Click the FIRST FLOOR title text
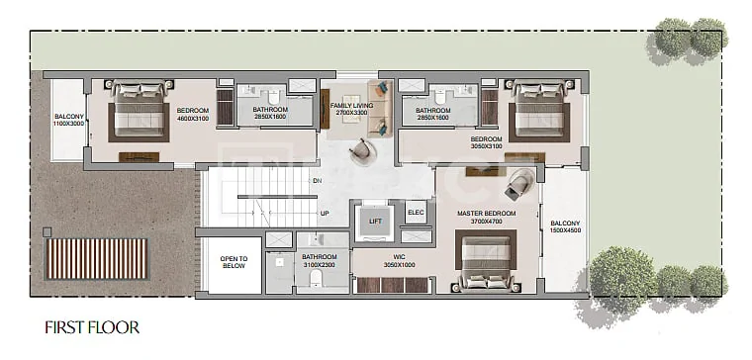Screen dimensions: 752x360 pyautogui.click(x=92, y=327)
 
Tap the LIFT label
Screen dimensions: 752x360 pyautogui.click(x=376, y=221)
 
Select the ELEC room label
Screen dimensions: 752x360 pyautogui.click(x=415, y=213)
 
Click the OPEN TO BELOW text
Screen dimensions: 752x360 pyautogui.click(x=235, y=262)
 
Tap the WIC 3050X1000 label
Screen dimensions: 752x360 pyautogui.click(x=399, y=261)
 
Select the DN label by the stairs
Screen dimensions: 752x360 pyautogui.click(x=317, y=181)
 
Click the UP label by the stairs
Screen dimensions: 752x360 pyautogui.click(x=325, y=214)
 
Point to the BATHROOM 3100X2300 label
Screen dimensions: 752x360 pyautogui.click(x=320, y=261)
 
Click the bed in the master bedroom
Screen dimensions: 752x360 pyautogui.click(x=486, y=260)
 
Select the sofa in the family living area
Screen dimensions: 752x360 pyautogui.click(x=380, y=109)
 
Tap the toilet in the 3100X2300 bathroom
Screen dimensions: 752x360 pyautogui.click(x=316, y=279)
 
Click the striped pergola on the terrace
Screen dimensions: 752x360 pyautogui.click(x=96, y=259)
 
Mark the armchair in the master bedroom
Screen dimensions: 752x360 pyautogui.click(x=518, y=184)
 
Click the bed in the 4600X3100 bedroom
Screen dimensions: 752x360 pyautogui.click(x=140, y=110)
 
